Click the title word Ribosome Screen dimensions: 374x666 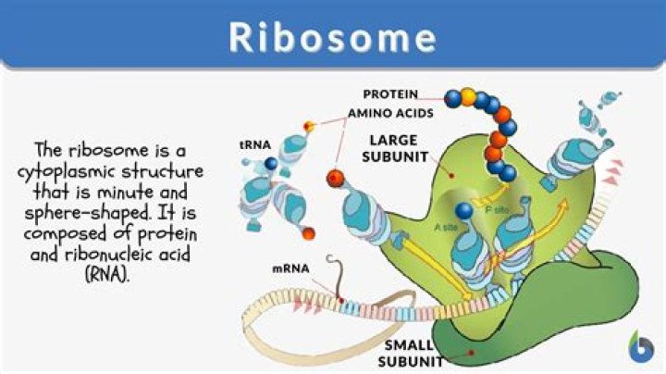333,37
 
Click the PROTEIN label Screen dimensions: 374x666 390,94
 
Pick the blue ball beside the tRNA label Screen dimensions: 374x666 271,163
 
